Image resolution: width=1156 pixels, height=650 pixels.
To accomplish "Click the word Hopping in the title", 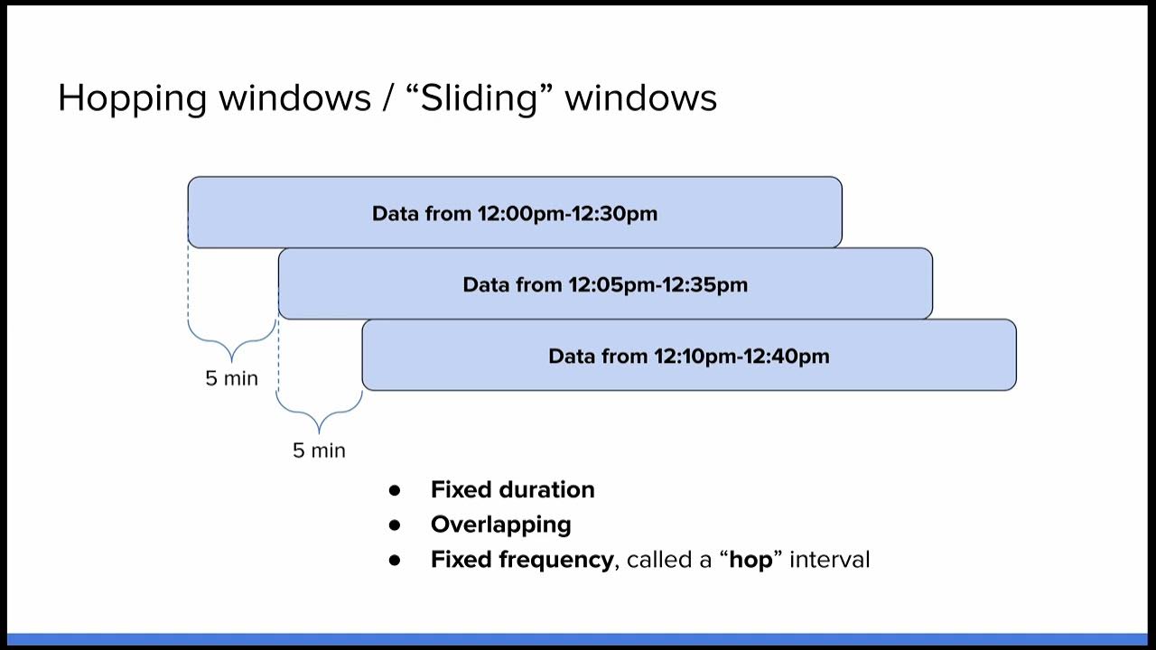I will point(133,97).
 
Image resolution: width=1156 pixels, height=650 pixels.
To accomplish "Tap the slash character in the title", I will point(389,97).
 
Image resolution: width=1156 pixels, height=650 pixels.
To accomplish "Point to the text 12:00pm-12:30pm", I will point(567,214).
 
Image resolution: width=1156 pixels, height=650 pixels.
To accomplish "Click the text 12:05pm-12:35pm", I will point(657,285).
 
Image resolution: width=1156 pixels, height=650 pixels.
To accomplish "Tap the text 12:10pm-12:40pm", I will point(741,357).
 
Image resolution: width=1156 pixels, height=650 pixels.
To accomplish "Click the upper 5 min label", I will point(231,378).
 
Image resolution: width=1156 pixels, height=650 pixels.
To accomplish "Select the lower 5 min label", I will point(319,450).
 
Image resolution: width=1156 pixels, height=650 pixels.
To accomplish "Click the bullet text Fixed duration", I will point(512,489).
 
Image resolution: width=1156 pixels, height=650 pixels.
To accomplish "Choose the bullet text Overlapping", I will point(500,525).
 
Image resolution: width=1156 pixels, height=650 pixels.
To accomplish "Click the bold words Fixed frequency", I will point(521,560).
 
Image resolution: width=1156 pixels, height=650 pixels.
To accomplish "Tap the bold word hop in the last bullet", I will point(751,560).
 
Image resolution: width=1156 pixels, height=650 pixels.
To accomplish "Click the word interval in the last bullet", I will point(829,560).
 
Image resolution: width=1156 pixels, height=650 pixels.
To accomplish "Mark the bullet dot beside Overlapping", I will point(394,525).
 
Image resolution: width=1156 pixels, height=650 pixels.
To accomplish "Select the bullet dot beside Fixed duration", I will point(394,490).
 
